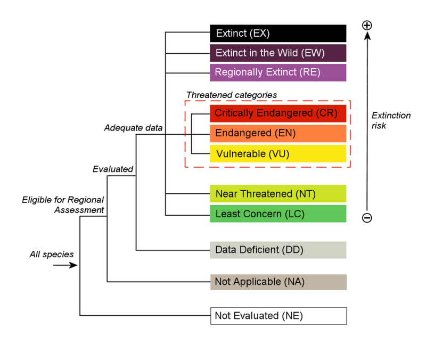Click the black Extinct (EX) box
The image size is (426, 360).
pyautogui.click(x=278, y=33)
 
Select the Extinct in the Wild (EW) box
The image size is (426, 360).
pyautogui.click(x=278, y=53)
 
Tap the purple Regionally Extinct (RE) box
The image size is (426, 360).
pyautogui.click(x=278, y=72)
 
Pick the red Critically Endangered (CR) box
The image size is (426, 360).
pyautogui.click(x=278, y=113)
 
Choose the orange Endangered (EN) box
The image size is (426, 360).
pyautogui.click(x=278, y=134)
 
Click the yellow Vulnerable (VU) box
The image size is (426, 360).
pyautogui.click(x=278, y=154)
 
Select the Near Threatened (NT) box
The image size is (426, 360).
pyautogui.click(x=278, y=194)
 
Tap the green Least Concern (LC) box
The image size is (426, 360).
pyautogui.click(x=278, y=214)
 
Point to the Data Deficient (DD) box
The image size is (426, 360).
pyautogui.click(x=278, y=250)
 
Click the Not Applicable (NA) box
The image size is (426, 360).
pyautogui.click(x=278, y=282)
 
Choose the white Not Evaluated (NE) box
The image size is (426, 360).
pyautogui.click(x=278, y=316)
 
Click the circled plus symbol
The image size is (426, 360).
pyautogui.click(x=367, y=25)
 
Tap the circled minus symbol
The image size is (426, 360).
pyautogui.click(x=367, y=218)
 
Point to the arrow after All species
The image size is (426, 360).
pyautogui.click(x=65, y=265)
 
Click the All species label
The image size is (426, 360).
pyautogui.click(x=51, y=255)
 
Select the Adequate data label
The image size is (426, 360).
pyautogui.click(x=133, y=128)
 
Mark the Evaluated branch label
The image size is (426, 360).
pyautogui.click(x=112, y=169)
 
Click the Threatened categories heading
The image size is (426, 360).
pyautogui.click(x=231, y=95)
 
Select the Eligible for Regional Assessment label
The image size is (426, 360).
pyautogui.click(x=63, y=205)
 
